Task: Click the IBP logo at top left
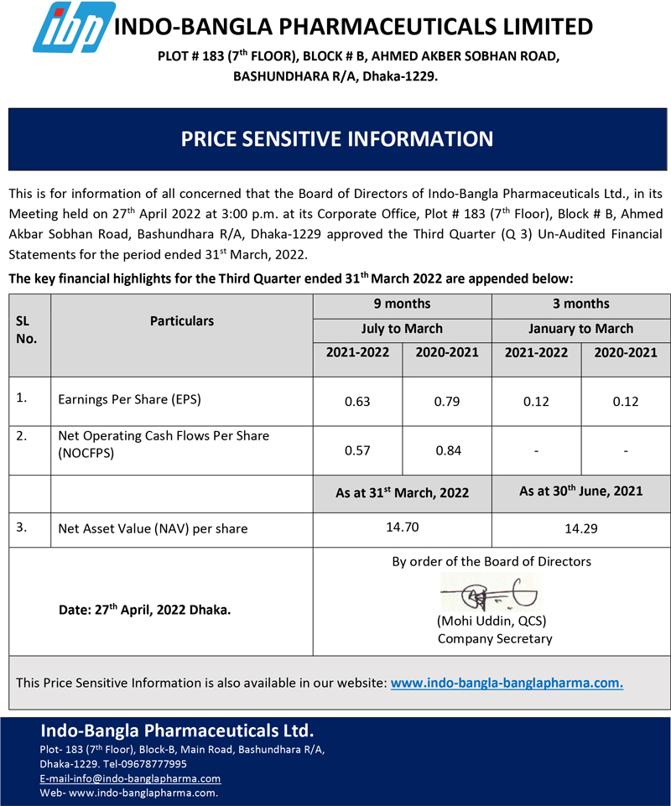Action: [x=73, y=28]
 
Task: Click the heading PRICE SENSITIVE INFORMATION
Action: [x=337, y=138]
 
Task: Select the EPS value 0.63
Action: [x=357, y=402]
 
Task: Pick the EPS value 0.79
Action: [x=447, y=402]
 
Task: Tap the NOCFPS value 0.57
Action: [x=357, y=451]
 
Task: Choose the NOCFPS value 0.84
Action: [x=447, y=451]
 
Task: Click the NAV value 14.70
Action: [x=402, y=528]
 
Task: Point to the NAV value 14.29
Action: [x=580, y=528]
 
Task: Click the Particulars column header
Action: [x=182, y=320]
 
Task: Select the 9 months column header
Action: [x=402, y=304]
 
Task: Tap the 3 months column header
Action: [x=580, y=304]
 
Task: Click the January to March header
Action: [x=580, y=329]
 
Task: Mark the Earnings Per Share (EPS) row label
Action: [x=129, y=400]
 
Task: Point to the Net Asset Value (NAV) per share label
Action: [x=153, y=529]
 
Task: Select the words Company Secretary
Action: [x=495, y=639]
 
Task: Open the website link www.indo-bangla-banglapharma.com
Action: [x=507, y=683]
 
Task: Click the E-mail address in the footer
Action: [x=130, y=778]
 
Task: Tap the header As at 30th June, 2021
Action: [x=580, y=491]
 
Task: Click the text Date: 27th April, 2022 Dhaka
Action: [x=144, y=611]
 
